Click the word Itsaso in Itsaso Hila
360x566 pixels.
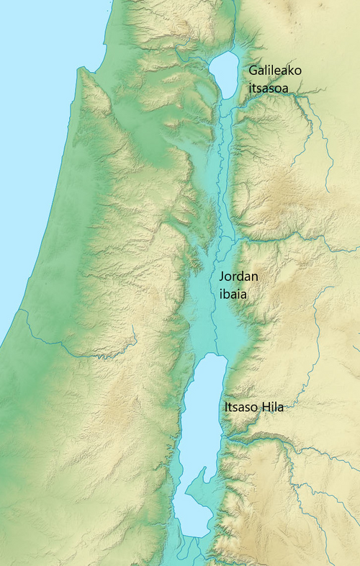tap(240, 408)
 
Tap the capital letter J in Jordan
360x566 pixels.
tap(222, 277)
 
